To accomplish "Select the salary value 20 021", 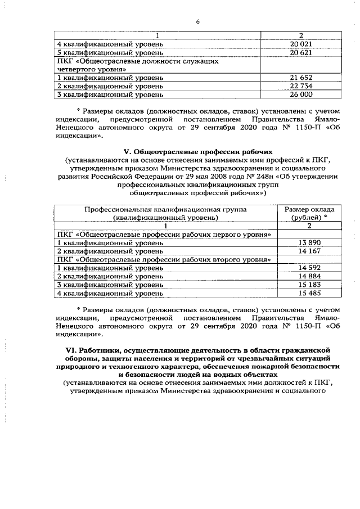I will [x=301, y=44].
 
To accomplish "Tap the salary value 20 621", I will [x=301, y=52].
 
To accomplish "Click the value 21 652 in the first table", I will [x=301, y=77].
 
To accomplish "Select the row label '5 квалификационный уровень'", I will [x=110, y=52].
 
